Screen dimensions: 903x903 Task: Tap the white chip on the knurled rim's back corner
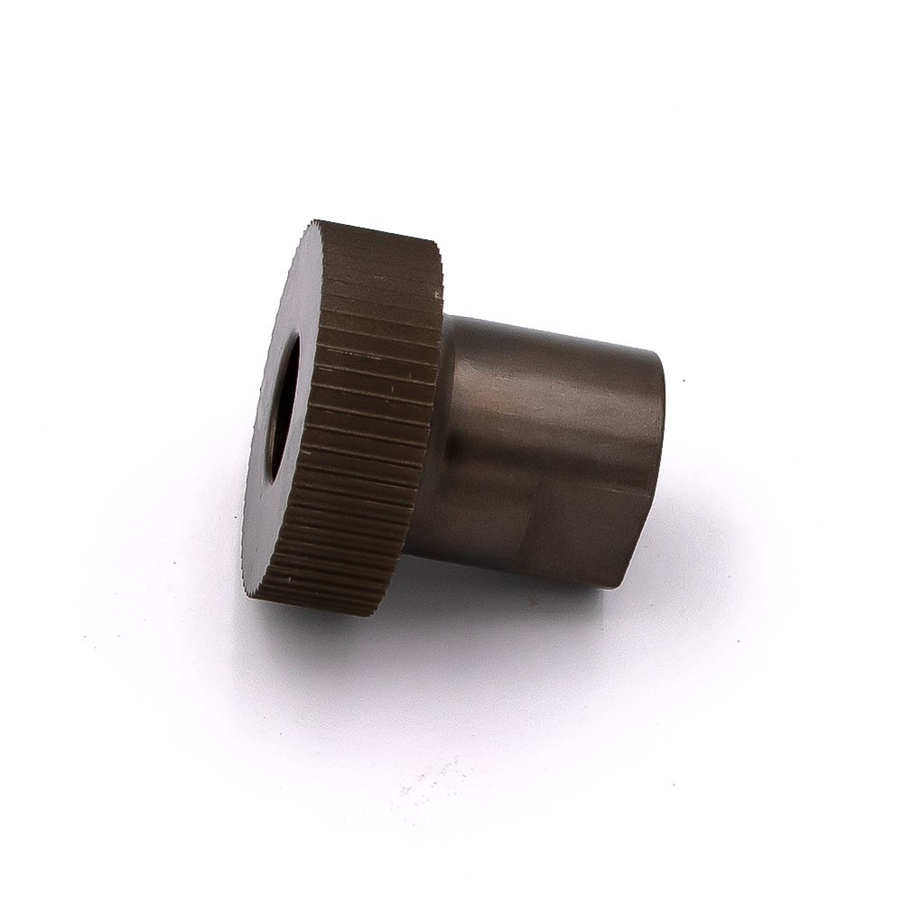pyautogui.click(x=439, y=293)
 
